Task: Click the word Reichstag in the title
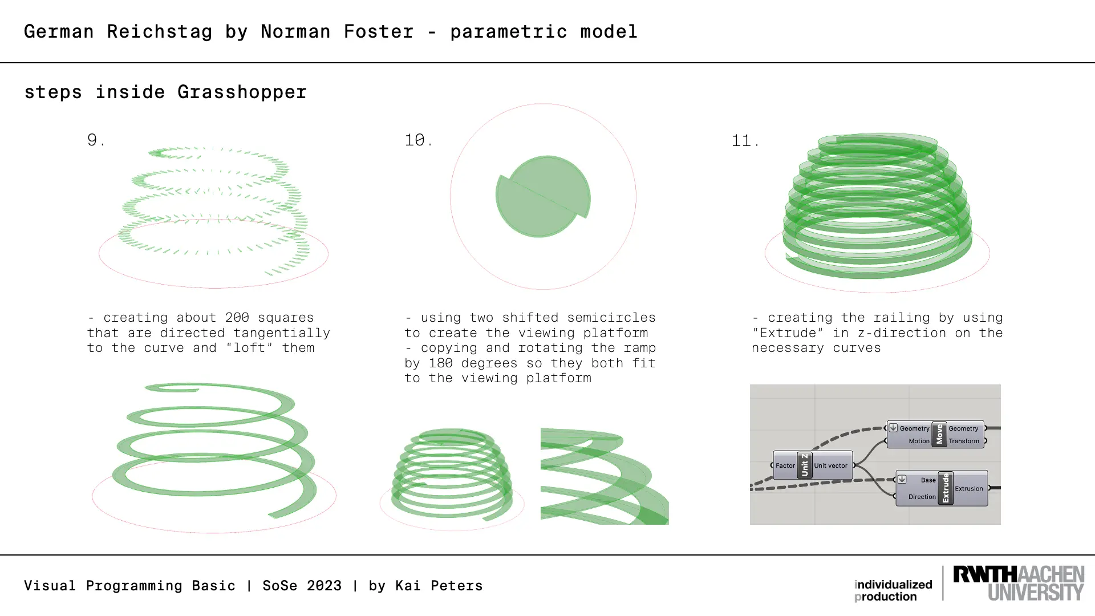[x=159, y=32]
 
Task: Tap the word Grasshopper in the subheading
[x=242, y=92]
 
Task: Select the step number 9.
[x=96, y=140]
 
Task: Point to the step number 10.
[x=419, y=140]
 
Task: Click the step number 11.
[x=745, y=140]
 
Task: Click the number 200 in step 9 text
[x=237, y=318]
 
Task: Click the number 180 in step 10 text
[x=440, y=363]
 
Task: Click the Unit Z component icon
[x=805, y=465]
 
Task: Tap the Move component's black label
[x=939, y=435]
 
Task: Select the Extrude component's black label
[x=946, y=488]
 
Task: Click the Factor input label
[x=785, y=465]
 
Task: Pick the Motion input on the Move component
[x=919, y=441]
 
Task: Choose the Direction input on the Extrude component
[x=922, y=497]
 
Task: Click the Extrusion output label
[x=968, y=489]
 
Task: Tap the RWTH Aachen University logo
[x=1019, y=583]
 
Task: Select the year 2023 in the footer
[x=324, y=586]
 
